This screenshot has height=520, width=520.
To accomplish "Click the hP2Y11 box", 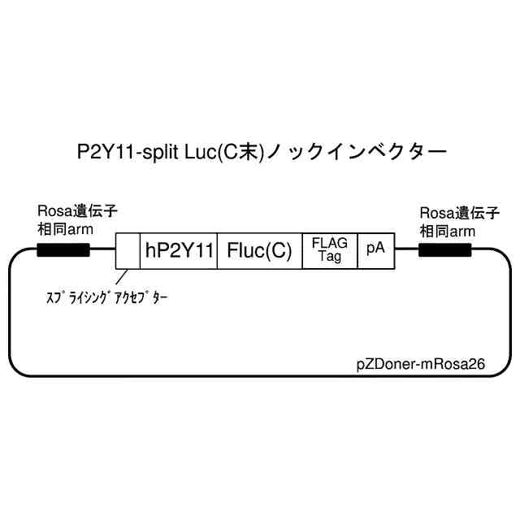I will (x=180, y=251).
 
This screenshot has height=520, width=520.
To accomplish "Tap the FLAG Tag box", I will (x=330, y=251).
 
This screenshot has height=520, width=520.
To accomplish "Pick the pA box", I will (x=375, y=251).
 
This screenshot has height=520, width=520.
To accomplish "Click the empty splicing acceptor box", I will (x=128, y=251).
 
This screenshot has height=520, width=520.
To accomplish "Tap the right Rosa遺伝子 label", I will (x=458, y=213).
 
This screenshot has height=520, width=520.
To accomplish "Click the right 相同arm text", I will (x=447, y=230).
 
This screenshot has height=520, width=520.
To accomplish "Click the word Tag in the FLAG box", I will (x=329, y=258).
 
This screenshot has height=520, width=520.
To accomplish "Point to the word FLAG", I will (x=330, y=244).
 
